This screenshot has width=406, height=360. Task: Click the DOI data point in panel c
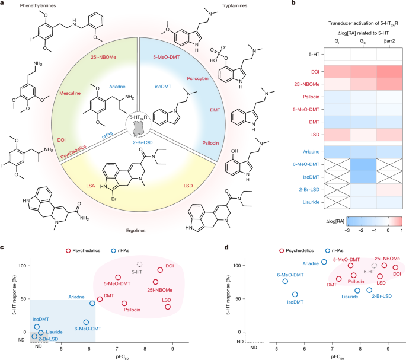160,270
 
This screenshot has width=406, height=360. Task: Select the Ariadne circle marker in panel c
92,303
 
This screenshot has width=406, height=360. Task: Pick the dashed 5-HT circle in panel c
140,264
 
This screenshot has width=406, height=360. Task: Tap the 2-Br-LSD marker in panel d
369,290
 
